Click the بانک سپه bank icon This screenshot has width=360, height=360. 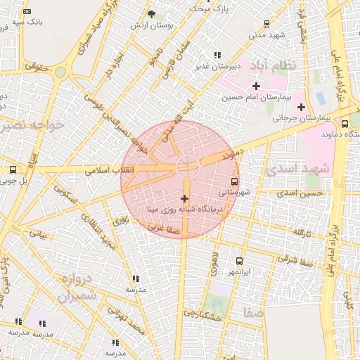(x=27, y=12)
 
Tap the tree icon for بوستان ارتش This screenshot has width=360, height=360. (x=152, y=14)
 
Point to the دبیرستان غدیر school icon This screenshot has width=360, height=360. (x=217, y=55)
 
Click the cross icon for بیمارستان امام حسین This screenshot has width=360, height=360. (x=256, y=86)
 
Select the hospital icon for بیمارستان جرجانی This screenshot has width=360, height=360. (x=302, y=108)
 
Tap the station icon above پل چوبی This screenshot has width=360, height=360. (x=13, y=169)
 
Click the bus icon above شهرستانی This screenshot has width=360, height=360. (x=235, y=180)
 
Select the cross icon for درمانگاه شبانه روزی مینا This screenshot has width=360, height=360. (x=185, y=199)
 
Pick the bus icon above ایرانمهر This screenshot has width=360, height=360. (x=239, y=261)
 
